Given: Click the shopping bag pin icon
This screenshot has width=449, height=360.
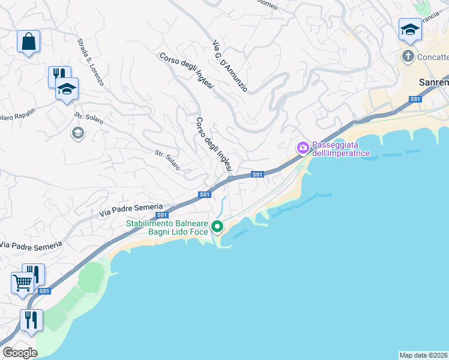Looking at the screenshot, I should pyautogui.click(x=28, y=42).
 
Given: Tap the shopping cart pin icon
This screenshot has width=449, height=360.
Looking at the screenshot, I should pyautogui.click(x=22, y=283).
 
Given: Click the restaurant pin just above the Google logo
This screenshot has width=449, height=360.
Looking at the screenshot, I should pyautogui.click(x=31, y=319).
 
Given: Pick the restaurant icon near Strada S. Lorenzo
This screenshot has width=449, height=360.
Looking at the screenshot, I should pyautogui.click(x=57, y=76).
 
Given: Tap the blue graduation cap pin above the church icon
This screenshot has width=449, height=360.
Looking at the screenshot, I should pyautogui.click(x=410, y=30).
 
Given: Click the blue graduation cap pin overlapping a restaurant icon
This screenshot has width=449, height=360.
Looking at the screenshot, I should pyautogui.click(x=67, y=89).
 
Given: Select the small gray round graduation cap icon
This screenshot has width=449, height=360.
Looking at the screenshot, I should pyautogui.click(x=77, y=133).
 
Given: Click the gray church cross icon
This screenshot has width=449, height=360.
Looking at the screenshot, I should pyautogui.click(x=408, y=57).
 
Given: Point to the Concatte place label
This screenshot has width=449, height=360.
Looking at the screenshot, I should pyautogui.click(x=432, y=58).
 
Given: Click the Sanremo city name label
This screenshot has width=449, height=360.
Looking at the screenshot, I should pyautogui.click(x=433, y=82).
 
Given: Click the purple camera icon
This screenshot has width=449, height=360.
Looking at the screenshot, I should pyautogui.click(x=303, y=147).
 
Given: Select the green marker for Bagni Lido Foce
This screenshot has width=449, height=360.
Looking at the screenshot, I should pyautogui.click(x=217, y=227).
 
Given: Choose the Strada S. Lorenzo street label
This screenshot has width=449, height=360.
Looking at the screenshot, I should pyautogui.click(x=91, y=62).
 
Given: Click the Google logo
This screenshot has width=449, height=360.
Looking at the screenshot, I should pyautogui.click(x=20, y=353).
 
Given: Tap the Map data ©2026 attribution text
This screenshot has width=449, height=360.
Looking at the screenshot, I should pyautogui.click(x=424, y=355).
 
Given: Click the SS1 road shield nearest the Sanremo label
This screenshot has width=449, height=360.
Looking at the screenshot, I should pyautogui.click(x=415, y=99).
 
